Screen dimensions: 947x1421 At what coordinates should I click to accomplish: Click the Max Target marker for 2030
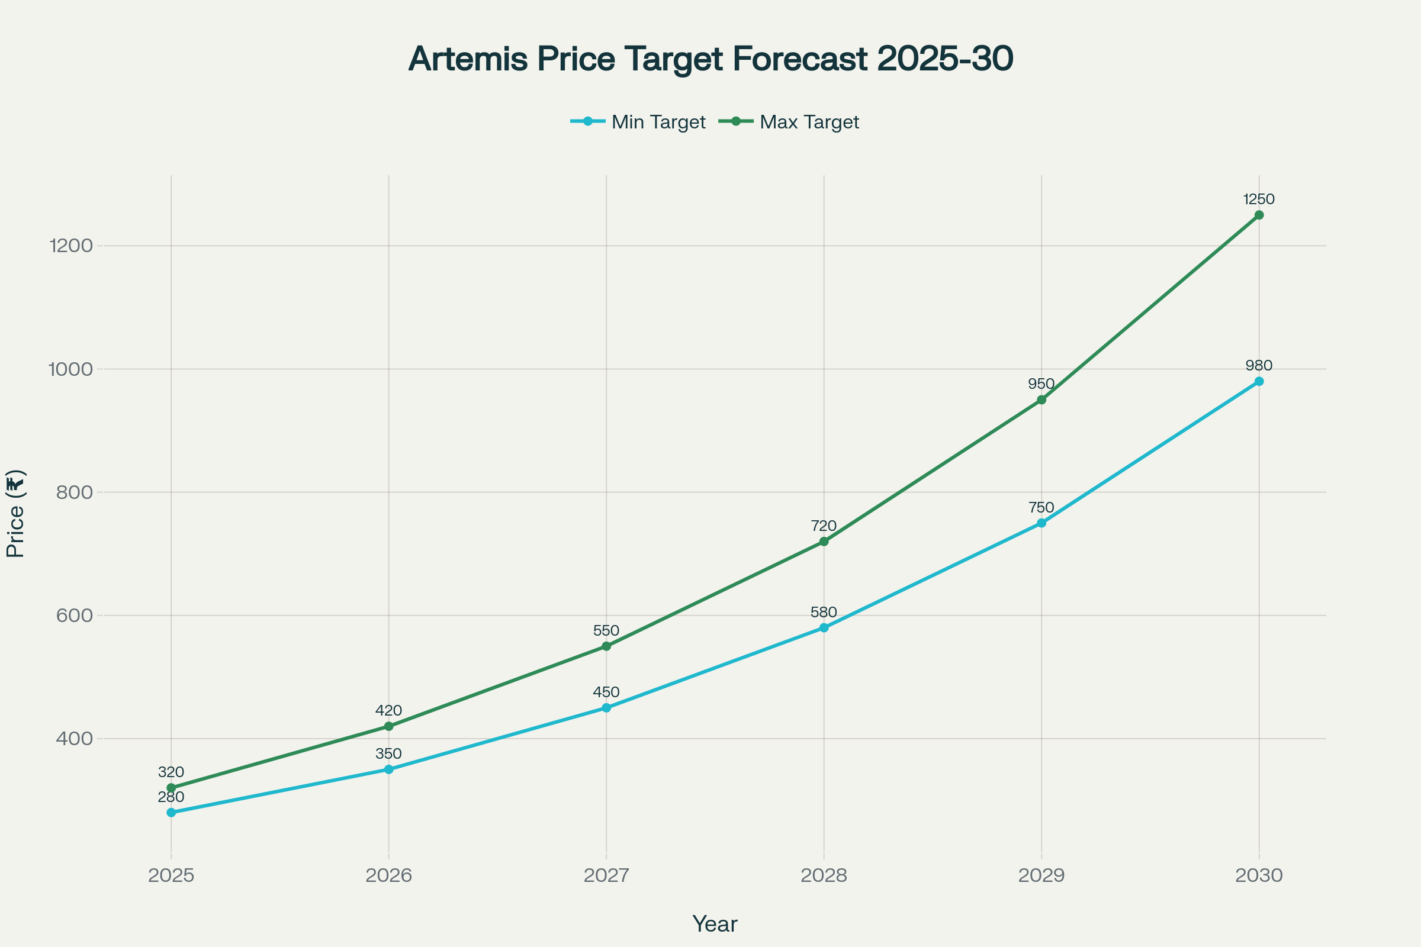pyautogui.click(x=1259, y=215)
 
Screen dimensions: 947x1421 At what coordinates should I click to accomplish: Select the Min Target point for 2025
pyautogui.click(x=171, y=812)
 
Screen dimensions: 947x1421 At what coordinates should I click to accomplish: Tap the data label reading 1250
pyautogui.click(x=1259, y=199)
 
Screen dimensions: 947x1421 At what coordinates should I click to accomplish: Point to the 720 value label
pyautogui.click(x=824, y=526)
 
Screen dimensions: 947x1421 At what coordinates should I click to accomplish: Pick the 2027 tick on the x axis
pyautogui.click(x=606, y=875)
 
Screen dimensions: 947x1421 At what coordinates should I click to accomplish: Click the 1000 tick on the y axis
pyautogui.click(x=70, y=369)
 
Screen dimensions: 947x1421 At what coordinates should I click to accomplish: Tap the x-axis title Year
pyautogui.click(x=715, y=924)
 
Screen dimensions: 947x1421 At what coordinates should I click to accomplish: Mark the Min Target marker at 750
pyautogui.click(x=1041, y=523)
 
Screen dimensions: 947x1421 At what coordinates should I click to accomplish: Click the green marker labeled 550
pyautogui.click(x=606, y=646)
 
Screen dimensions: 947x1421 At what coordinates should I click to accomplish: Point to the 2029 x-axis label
pyautogui.click(x=1041, y=875)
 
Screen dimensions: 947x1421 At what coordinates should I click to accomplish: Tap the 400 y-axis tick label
pyautogui.click(x=75, y=739)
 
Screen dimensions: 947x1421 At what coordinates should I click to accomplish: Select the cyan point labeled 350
pyautogui.click(x=388, y=769)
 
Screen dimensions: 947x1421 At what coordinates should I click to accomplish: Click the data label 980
pyautogui.click(x=1259, y=365)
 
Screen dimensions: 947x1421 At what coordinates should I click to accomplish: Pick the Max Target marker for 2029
pyautogui.click(x=1041, y=400)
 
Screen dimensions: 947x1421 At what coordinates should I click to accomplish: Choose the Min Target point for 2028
pyautogui.click(x=824, y=628)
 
